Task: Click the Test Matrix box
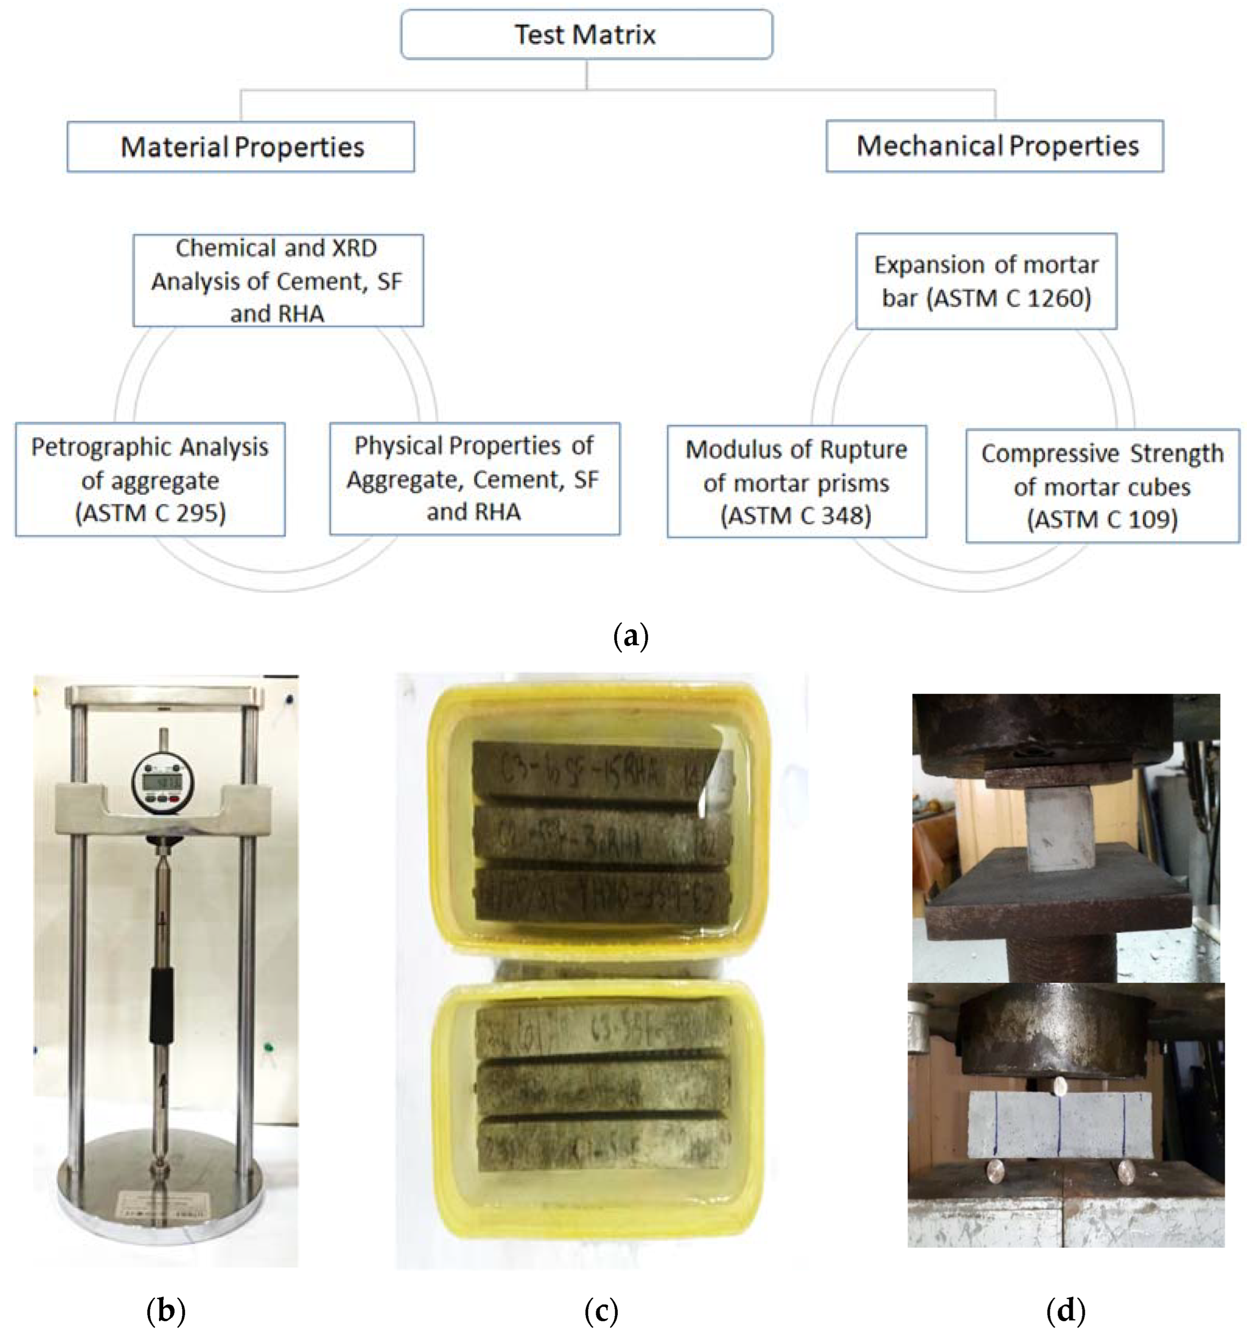(586, 34)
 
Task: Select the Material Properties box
(241, 147)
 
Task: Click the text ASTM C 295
(150, 513)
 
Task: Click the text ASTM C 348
(796, 516)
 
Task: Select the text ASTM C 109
(1102, 519)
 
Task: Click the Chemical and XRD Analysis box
(278, 280)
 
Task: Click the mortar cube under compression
(1060, 829)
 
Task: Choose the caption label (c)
(600, 1309)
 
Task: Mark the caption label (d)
(1065, 1309)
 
